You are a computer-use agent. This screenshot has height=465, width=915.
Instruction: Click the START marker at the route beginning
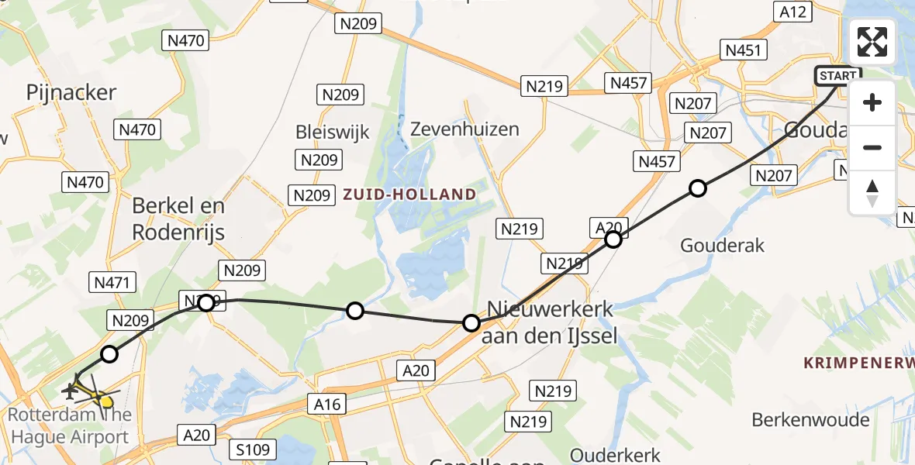pyautogui.click(x=837, y=76)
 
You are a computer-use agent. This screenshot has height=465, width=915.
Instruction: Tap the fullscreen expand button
pyautogui.click(x=872, y=42)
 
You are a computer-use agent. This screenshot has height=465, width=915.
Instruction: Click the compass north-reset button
pyautogui.click(x=872, y=192)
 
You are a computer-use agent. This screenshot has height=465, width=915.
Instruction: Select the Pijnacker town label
pyautogui.click(x=71, y=93)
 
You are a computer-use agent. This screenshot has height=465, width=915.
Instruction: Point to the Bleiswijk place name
pyautogui.click(x=333, y=132)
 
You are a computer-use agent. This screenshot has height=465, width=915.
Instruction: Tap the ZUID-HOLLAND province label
pyautogui.click(x=409, y=194)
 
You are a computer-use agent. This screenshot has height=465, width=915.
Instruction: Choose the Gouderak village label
pyautogui.click(x=722, y=246)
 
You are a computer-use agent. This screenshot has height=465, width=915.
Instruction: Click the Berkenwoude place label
pyautogui.click(x=810, y=420)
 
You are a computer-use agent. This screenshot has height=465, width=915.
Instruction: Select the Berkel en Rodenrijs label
pyautogui.click(x=178, y=219)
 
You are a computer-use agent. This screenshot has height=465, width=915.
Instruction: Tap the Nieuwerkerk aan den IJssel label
pyautogui.click(x=550, y=322)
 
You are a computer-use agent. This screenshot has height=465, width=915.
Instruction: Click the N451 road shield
pyautogui.click(x=744, y=51)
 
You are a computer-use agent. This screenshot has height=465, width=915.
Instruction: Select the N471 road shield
pyautogui.click(x=114, y=282)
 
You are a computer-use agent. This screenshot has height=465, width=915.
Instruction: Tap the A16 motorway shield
pyautogui.click(x=328, y=403)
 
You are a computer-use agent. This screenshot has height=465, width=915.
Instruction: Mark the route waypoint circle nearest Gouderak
pyautogui.click(x=698, y=188)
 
